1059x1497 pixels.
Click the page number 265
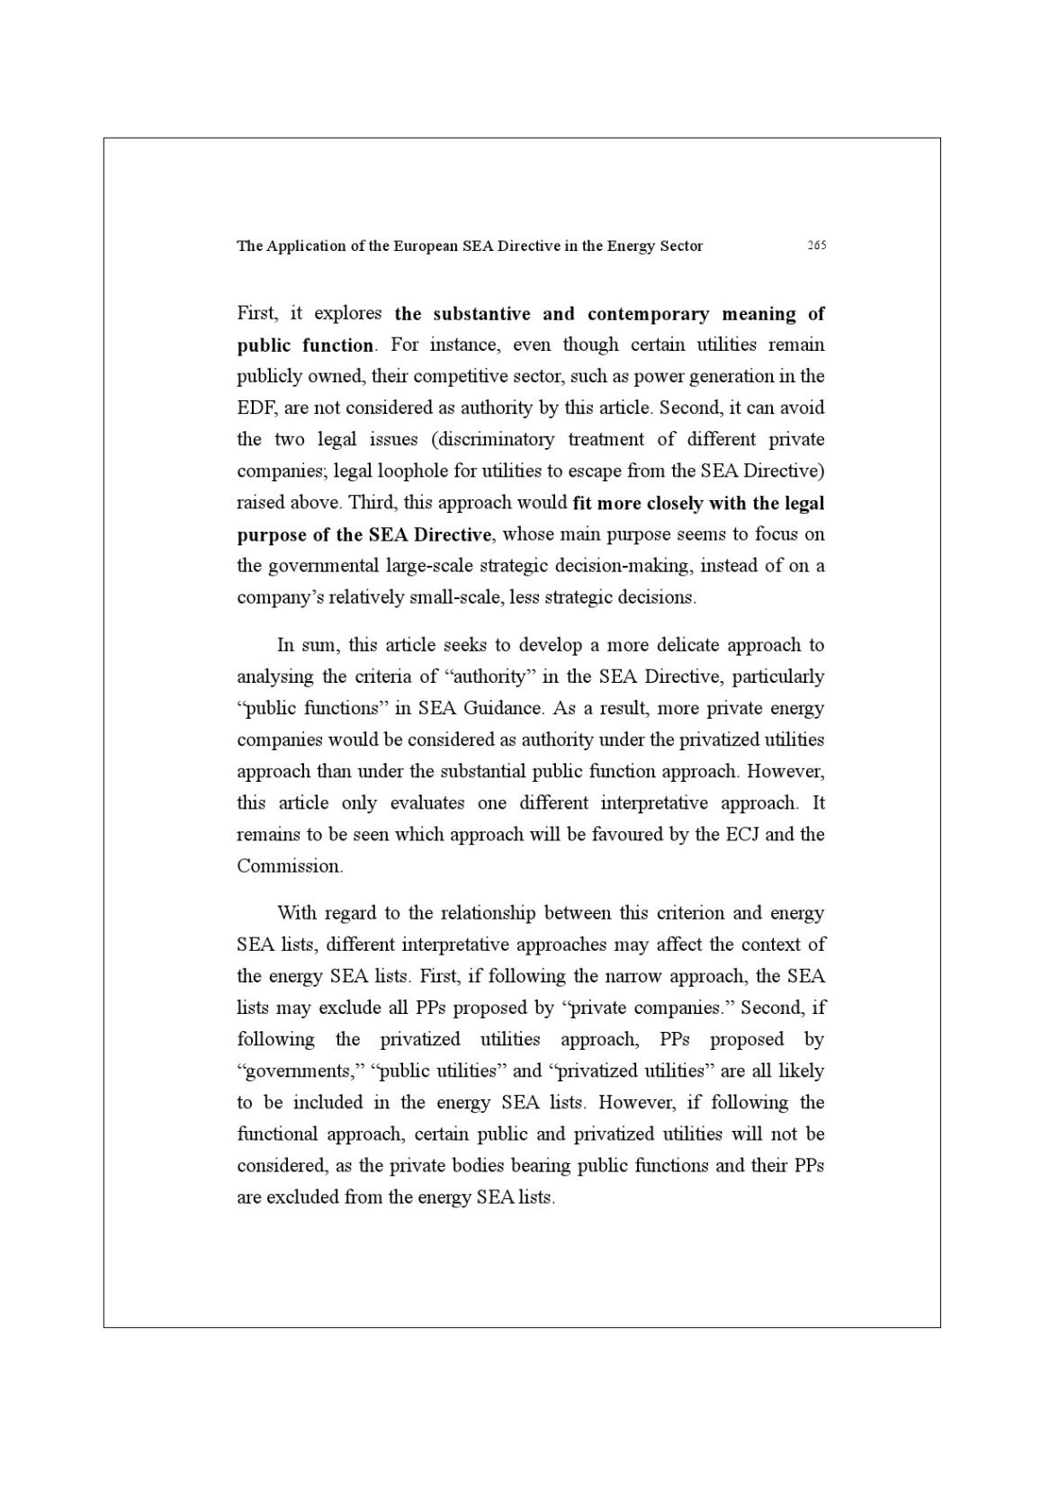pyautogui.click(x=816, y=246)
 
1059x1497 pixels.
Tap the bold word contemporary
pyautogui.click(x=648, y=314)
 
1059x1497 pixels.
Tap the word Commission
pyautogui.click(x=289, y=866)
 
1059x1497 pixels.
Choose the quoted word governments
pyautogui.click(x=298, y=1071)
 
